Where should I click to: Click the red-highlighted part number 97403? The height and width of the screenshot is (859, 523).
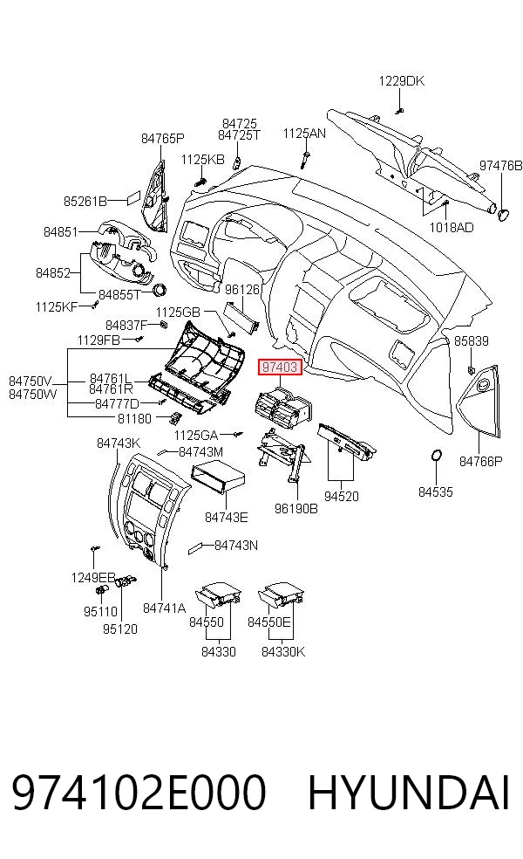click(x=280, y=367)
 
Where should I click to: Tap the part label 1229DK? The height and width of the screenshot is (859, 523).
click(x=401, y=81)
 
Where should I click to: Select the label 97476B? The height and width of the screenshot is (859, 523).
click(x=500, y=165)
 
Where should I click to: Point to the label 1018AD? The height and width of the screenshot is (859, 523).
click(x=452, y=227)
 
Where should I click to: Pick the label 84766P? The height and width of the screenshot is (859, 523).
click(x=480, y=462)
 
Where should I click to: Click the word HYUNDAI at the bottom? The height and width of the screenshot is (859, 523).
click(x=409, y=792)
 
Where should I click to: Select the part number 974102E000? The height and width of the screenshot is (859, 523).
click(x=139, y=792)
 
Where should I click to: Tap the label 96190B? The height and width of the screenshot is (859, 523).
click(x=296, y=509)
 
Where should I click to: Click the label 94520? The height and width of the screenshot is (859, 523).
click(x=342, y=497)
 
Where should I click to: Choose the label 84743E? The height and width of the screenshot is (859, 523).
click(x=226, y=517)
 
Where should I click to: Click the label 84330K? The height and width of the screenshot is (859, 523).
click(x=282, y=652)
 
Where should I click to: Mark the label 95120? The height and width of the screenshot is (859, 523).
click(x=119, y=629)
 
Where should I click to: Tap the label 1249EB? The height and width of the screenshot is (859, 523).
click(x=93, y=577)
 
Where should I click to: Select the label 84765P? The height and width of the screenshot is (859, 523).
click(x=162, y=139)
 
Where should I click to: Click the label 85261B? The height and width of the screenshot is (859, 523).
click(x=85, y=202)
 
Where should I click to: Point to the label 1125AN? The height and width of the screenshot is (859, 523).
click(x=304, y=133)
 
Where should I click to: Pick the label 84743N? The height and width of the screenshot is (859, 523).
click(x=236, y=546)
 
